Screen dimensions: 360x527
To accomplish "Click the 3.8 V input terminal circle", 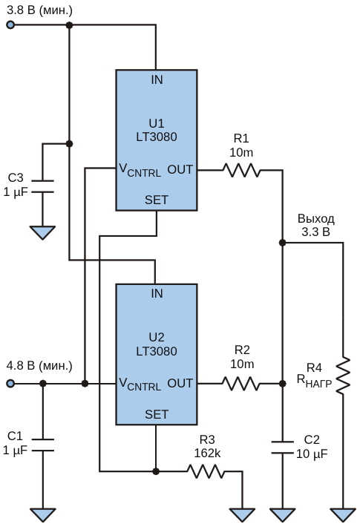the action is pyautogui.click(x=10, y=25).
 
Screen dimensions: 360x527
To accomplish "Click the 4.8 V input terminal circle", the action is pyautogui.click(x=10, y=384).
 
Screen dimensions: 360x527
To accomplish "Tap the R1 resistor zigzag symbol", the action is pyautogui.click(x=241, y=170).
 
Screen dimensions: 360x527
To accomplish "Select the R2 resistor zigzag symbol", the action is pyautogui.click(x=240, y=384).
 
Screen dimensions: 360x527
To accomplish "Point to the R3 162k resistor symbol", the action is pyautogui.click(x=206, y=471).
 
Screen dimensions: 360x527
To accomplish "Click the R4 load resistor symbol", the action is pyautogui.click(x=343, y=376).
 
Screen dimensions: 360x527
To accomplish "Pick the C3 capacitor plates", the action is pyautogui.click(x=43, y=186).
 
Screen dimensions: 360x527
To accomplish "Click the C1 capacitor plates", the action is pyautogui.click(x=43, y=445).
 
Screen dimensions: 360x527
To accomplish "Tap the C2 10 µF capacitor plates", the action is pyautogui.click(x=282, y=448).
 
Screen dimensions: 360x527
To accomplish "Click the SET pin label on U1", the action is pyautogui.click(x=157, y=200).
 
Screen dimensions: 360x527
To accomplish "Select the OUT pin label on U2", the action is pyautogui.click(x=180, y=383).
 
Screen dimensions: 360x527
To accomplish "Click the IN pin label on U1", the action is pyautogui.click(x=157, y=80).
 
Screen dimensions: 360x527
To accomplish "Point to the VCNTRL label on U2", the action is pyautogui.click(x=140, y=384).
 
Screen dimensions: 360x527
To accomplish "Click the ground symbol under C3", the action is pyautogui.click(x=43, y=232).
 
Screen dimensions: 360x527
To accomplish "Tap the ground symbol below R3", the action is pyautogui.click(x=242, y=514).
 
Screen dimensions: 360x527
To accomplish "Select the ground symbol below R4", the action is pyautogui.click(x=343, y=514).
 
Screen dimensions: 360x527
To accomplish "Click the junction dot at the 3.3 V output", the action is pyautogui.click(x=282, y=242).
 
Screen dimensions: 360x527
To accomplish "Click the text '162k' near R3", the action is pyautogui.click(x=207, y=454).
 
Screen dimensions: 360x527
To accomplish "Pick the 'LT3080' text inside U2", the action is pyautogui.click(x=157, y=351).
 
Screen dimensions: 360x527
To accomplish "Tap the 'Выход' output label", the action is pyautogui.click(x=316, y=219).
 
